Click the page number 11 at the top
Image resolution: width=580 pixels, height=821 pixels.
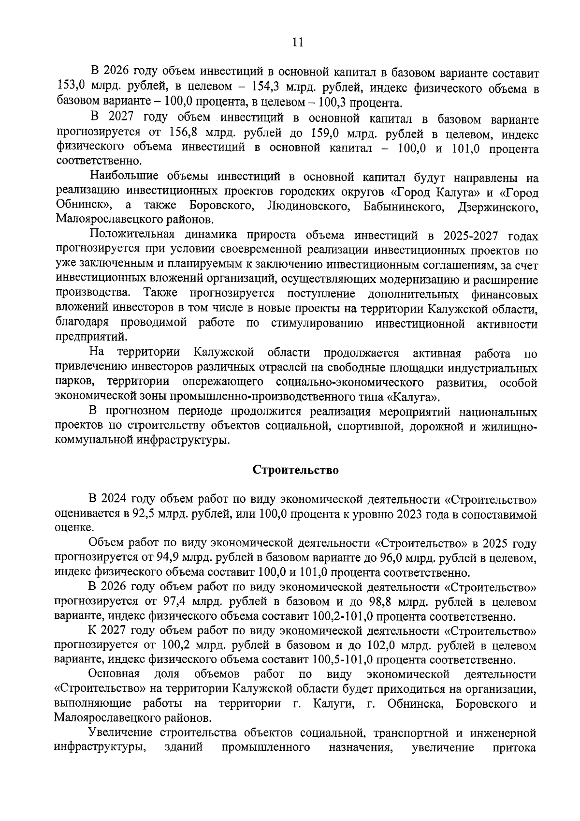tap(297, 43)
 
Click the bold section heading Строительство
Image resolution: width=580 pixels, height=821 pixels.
tap(296, 470)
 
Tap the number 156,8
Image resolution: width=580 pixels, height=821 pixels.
tap(186, 133)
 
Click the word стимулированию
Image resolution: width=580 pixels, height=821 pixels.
tap(318, 324)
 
